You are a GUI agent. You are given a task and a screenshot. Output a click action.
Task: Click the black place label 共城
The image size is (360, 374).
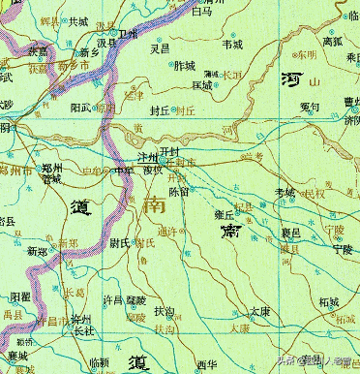[x=77, y=19]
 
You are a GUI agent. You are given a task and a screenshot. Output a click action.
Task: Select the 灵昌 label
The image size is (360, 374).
[x=161, y=46]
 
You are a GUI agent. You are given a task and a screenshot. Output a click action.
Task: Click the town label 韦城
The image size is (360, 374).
[x=233, y=44]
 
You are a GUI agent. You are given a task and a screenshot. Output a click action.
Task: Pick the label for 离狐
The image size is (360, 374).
[x=331, y=42]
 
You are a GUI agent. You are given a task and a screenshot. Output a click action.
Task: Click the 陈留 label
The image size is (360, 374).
[x=179, y=192]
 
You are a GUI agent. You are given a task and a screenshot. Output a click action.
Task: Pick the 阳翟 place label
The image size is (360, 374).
[x=21, y=296]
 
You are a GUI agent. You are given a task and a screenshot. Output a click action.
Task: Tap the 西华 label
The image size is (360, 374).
[x=205, y=363]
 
